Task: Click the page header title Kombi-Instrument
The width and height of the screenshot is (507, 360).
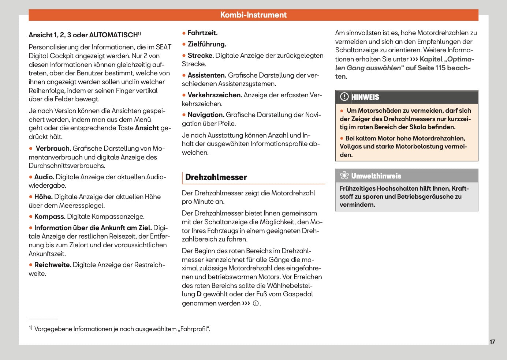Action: pos(253,15)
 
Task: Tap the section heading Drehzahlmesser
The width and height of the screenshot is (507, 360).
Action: pos(216,177)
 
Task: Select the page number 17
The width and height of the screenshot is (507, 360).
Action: pos(492,342)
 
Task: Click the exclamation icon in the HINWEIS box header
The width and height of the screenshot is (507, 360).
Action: pos(344,97)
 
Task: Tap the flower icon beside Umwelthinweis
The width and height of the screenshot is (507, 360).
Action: pos(344,176)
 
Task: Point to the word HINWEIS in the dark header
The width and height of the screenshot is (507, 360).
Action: pos(365,97)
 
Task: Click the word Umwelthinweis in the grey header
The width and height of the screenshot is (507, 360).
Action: pos(376,176)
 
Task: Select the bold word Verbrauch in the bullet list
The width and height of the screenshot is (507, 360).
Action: pos(53,149)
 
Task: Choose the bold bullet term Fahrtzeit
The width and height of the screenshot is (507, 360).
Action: pos(202,33)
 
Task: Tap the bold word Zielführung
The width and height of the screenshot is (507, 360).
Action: pos(206,44)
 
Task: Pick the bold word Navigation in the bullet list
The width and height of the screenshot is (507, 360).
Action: pos(206,115)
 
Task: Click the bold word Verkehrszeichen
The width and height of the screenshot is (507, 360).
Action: pos(215,95)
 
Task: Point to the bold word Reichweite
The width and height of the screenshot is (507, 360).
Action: pos(53,265)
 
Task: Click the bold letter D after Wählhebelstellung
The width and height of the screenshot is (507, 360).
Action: pos(199,294)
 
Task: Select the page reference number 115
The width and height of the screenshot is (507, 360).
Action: pos(440,68)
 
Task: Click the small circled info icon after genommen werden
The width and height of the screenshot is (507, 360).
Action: pos(256,303)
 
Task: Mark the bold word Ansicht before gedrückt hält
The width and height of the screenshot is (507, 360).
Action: pos(147,128)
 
